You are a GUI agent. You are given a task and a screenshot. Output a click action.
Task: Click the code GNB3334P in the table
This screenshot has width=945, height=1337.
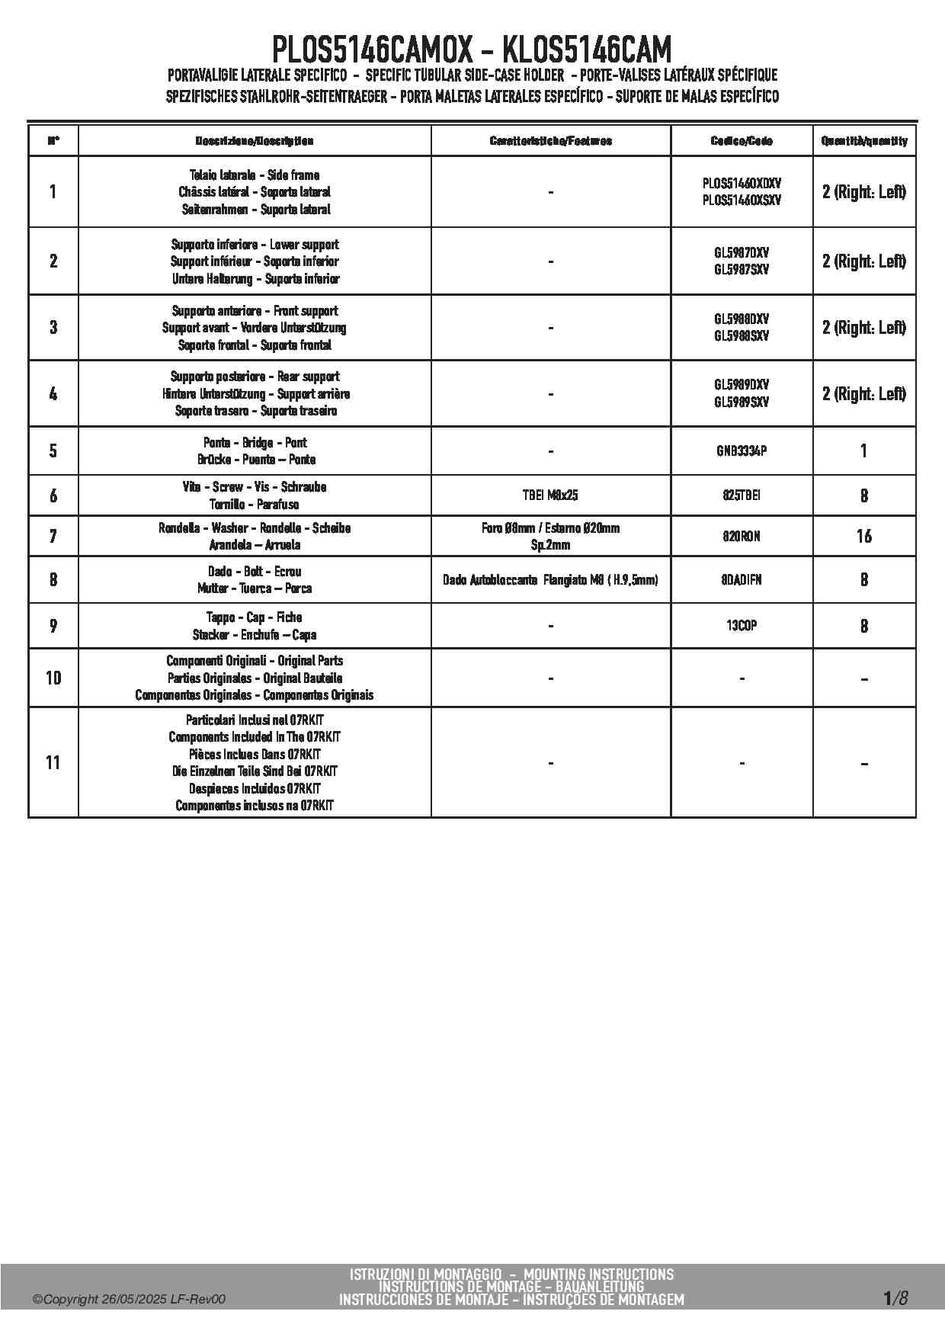pos(742,450)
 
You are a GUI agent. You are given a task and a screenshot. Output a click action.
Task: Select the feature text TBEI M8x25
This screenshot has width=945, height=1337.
pos(550,495)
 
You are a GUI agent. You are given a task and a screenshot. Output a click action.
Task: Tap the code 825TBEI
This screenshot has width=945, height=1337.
pos(742,495)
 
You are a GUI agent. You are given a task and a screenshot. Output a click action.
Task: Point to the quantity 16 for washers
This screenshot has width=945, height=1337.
pos(863,536)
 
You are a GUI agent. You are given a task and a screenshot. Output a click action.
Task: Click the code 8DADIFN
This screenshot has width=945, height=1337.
pos(742,579)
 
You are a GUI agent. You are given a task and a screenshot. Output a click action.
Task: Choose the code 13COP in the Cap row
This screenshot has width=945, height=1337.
pos(742,625)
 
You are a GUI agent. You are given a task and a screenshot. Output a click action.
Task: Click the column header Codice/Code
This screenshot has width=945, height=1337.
pos(742,141)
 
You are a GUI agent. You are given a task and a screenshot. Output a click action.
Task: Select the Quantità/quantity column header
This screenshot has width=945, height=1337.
pos(864,141)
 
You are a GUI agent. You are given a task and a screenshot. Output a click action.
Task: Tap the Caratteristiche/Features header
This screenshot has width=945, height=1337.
pos(550,141)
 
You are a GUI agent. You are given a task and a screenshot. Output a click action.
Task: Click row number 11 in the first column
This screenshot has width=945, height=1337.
pos(53,762)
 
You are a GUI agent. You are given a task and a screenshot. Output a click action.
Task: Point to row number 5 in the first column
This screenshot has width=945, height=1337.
pos(53,450)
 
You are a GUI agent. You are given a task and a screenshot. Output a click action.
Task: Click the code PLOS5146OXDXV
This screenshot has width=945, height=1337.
pos(742,184)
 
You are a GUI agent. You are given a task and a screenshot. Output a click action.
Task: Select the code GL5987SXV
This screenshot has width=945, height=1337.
pos(742,269)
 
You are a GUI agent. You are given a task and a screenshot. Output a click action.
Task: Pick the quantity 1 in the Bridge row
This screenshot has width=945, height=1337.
pos(863,450)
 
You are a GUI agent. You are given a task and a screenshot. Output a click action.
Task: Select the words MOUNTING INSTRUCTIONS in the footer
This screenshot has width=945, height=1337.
pos(599,1274)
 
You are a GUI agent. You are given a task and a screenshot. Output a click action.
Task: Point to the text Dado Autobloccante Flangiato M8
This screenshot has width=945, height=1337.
pos(527,580)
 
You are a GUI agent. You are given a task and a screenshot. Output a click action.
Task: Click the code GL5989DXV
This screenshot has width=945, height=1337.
pos(742,385)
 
